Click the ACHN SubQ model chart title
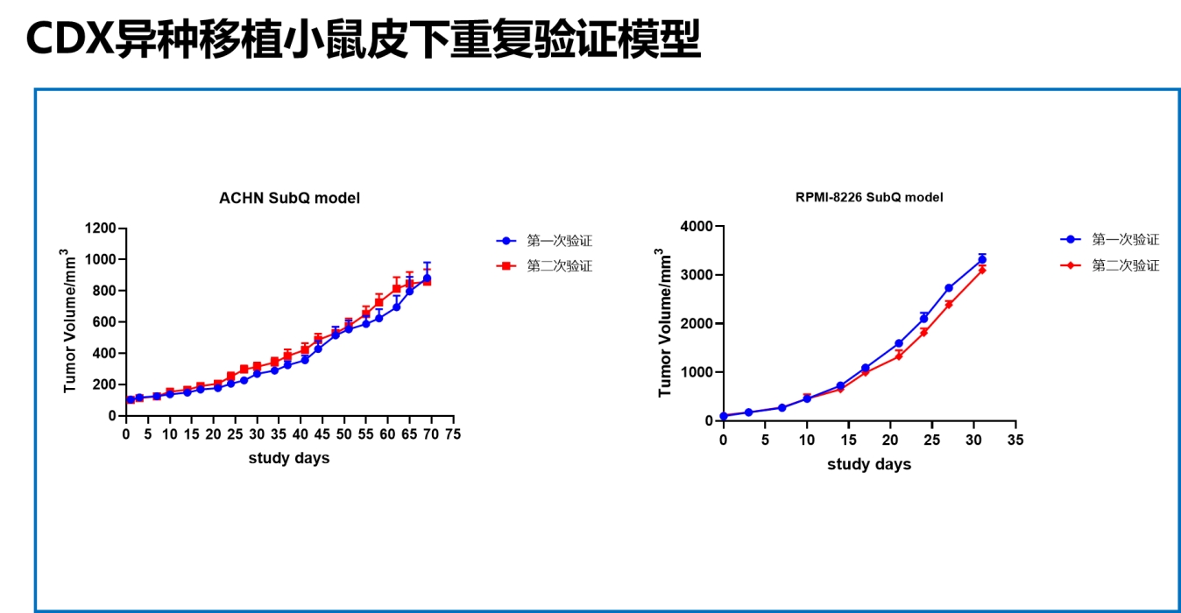tap(289, 198)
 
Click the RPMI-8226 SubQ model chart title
tap(869, 197)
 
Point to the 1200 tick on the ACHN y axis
tap(100, 229)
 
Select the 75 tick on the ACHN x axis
tap(453, 434)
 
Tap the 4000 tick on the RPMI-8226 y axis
tap(697, 226)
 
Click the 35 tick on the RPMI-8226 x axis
tap(1015, 440)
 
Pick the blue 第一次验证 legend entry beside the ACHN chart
tap(544, 241)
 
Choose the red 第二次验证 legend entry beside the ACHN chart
tap(544, 265)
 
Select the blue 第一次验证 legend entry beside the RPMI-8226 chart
tap(1110, 239)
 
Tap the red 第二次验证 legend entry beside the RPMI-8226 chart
tap(1110, 264)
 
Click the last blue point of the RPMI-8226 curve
tap(982, 259)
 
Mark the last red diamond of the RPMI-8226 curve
tap(982, 270)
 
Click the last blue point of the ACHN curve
tap(427, 278)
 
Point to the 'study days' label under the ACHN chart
tap(289, 458)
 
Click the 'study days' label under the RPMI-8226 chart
tap(869, 464)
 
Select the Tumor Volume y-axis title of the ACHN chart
tap(68, 321)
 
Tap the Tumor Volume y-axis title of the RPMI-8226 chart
tap(664, 322)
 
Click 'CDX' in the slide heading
tap(70, 39)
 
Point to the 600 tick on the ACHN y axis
tap(104, 322)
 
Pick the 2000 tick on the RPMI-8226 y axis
tap(697, 324)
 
